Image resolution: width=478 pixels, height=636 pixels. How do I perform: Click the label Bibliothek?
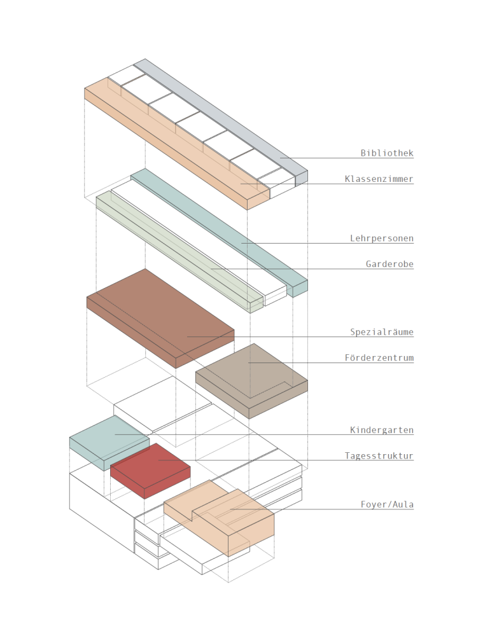[x=387, y=153]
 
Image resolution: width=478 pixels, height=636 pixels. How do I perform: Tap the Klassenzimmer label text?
[x=379, y=179]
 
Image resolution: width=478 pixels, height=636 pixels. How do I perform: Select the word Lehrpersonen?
[x=382, y=239]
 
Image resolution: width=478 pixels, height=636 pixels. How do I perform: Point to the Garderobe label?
[x=390, y=264]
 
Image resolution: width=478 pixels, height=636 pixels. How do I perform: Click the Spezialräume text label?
[x=382, y=332]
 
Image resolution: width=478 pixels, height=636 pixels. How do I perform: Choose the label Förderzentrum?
[x=379, y=358]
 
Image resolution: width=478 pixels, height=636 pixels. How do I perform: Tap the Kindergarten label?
[x=382, y=431]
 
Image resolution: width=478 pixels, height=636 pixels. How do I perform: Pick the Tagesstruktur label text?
[x=379, y=456]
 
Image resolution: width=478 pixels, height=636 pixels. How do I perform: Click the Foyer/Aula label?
[x=387, y=505]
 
